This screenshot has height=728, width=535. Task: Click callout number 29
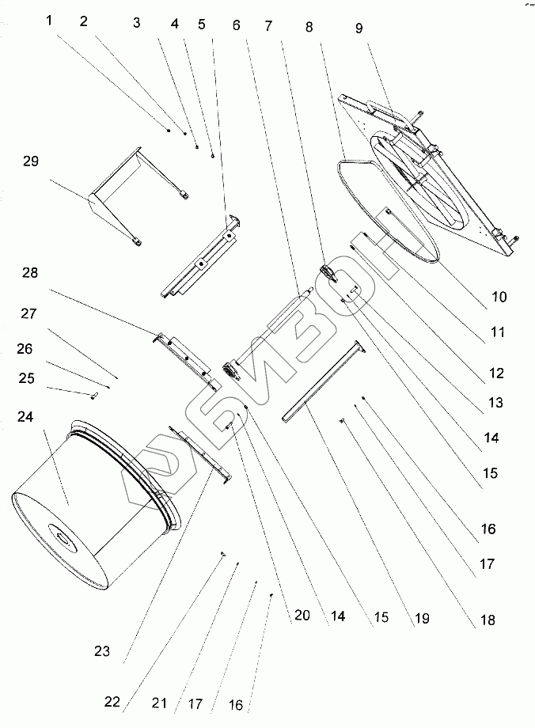[x=30, y=161]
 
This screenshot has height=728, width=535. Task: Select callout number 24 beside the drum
[x=25, y=416]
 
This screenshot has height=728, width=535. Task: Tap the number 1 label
[x=49, y=21]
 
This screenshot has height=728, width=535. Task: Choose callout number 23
[x=101, y=652]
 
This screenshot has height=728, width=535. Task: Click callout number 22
[x=113, y=701]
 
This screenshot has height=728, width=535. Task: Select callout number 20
[x=301, y=615]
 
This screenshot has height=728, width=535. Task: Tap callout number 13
[x=495, y=403]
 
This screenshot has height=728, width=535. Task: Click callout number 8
[x=309, y=26]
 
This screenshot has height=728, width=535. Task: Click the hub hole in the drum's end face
[x=62, y=540]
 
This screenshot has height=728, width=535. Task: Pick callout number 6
[x=236, y=25]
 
